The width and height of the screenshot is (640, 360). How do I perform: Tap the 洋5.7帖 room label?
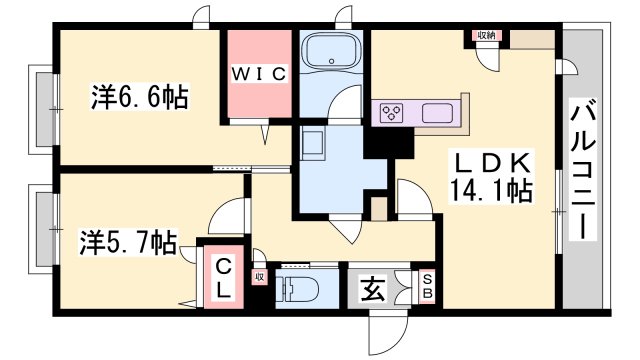[x=128, y=241]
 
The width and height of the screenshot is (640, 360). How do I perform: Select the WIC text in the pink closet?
[x=261, y=73]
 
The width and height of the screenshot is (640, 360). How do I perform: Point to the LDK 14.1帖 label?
[x=492, y=176]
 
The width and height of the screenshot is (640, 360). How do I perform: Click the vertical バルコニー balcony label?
[x=580, y=171]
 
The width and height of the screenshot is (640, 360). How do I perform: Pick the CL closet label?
[x=225, y=278]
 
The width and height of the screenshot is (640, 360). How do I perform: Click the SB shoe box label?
[x=426, y=287]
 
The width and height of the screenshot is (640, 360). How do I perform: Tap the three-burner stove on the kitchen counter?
[x=392, y=112]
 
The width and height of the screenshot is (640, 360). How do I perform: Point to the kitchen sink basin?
[x=439, y=112]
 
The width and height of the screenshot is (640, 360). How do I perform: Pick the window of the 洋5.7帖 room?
[x=40, y=231]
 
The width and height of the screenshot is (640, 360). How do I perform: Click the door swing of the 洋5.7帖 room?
[x=226, y=215]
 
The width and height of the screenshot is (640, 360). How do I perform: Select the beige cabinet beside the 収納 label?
[x=529, y=41]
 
